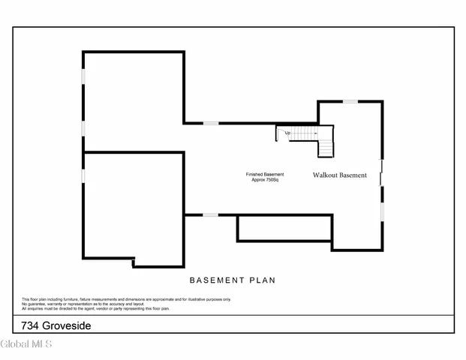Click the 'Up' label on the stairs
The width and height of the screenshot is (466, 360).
coord(287,133)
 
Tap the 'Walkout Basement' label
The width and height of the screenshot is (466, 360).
coord(340,175)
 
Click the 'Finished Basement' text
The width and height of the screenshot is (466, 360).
coord(265,175)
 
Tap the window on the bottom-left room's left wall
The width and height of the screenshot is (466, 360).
coord(83,175)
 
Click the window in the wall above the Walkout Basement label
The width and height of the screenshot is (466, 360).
coord(350,101)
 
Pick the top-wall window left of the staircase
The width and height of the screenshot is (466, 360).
coord(211,123)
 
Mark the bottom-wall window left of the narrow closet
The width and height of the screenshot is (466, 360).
coord(211,215)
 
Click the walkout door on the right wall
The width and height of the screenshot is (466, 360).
coord(382,172)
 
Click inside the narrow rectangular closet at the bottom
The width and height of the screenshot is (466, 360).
coord(284,229)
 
